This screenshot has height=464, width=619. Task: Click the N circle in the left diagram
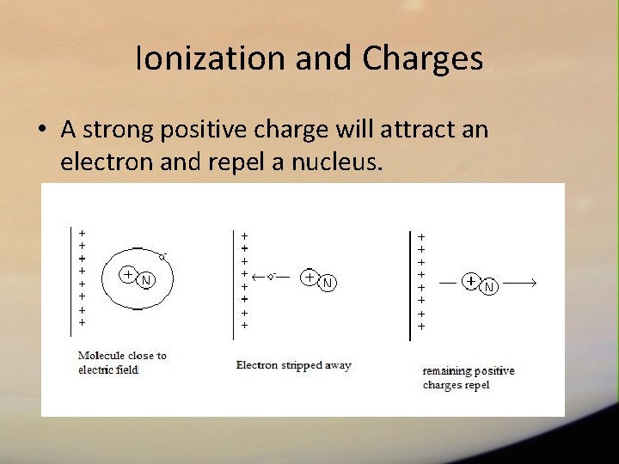coord(146,280)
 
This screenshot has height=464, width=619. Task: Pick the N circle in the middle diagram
coord(327,283)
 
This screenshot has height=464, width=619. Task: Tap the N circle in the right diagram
coord(488,286)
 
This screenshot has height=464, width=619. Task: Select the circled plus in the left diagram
coord(127,274)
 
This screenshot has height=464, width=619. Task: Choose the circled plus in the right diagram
coord(471,281)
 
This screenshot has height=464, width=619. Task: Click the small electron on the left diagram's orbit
coord(162,256)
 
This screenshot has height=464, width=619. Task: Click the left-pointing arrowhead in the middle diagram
coord(255,277)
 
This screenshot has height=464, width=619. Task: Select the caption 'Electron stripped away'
coord(293,365)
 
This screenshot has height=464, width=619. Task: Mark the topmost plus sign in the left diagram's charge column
coord(82,232)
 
